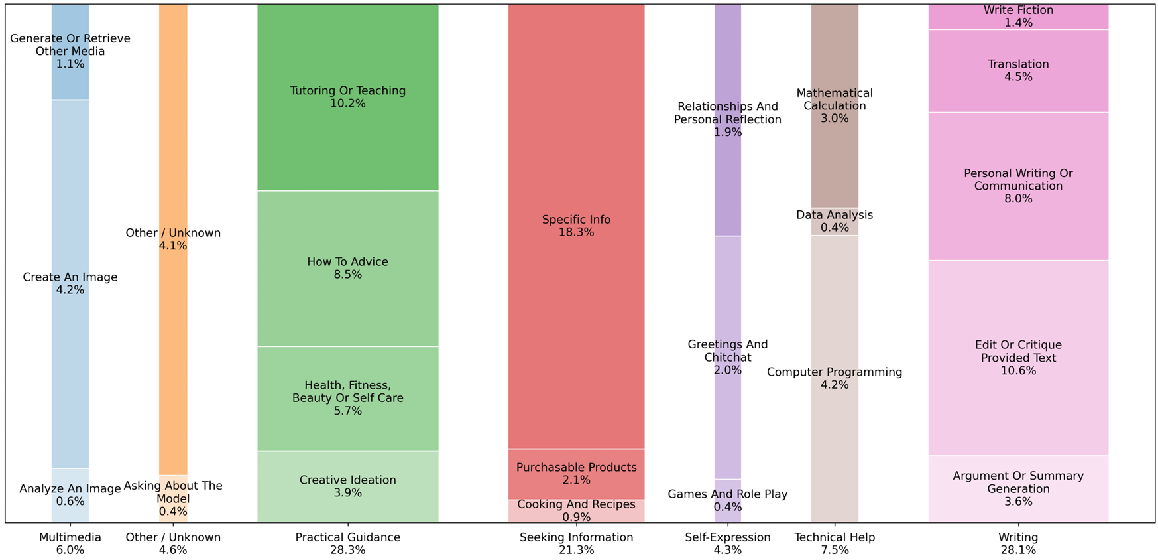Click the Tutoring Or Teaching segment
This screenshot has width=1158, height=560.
(x=347, y=97)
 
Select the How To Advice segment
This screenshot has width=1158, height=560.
(x=347, y=268)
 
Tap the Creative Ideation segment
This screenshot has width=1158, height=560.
(x=347, y=486)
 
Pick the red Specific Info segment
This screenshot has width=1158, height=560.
(x=576, y=226)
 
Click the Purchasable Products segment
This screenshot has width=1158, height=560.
(x=576, y=474)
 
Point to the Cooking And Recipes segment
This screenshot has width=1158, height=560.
(x=576, y=511)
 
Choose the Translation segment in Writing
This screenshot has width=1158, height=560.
(x=1017, y=70)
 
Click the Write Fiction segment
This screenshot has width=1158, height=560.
(x=1017, y=16)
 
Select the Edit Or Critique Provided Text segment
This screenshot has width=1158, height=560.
(x=1017, y=358)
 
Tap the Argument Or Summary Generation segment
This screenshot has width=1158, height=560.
(x=1017, y=488)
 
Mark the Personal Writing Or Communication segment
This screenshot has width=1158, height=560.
(x=1017, y=186)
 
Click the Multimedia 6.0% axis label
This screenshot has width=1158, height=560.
(x=70, y=543)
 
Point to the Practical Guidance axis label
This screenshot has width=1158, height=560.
(x=347, y=537)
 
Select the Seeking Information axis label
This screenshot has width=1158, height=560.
(x=576, y=537)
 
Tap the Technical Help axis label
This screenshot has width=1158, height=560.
(x=835, y=537)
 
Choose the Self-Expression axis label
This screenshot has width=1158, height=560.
(x=727, y=537)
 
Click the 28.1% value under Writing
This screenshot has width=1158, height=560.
(x=1017, y=550)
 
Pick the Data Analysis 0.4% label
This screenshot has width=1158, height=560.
(x=835, y=221)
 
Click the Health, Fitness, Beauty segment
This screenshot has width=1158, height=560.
(x=347, y=398)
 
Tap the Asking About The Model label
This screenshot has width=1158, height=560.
(x=173, y=492)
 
